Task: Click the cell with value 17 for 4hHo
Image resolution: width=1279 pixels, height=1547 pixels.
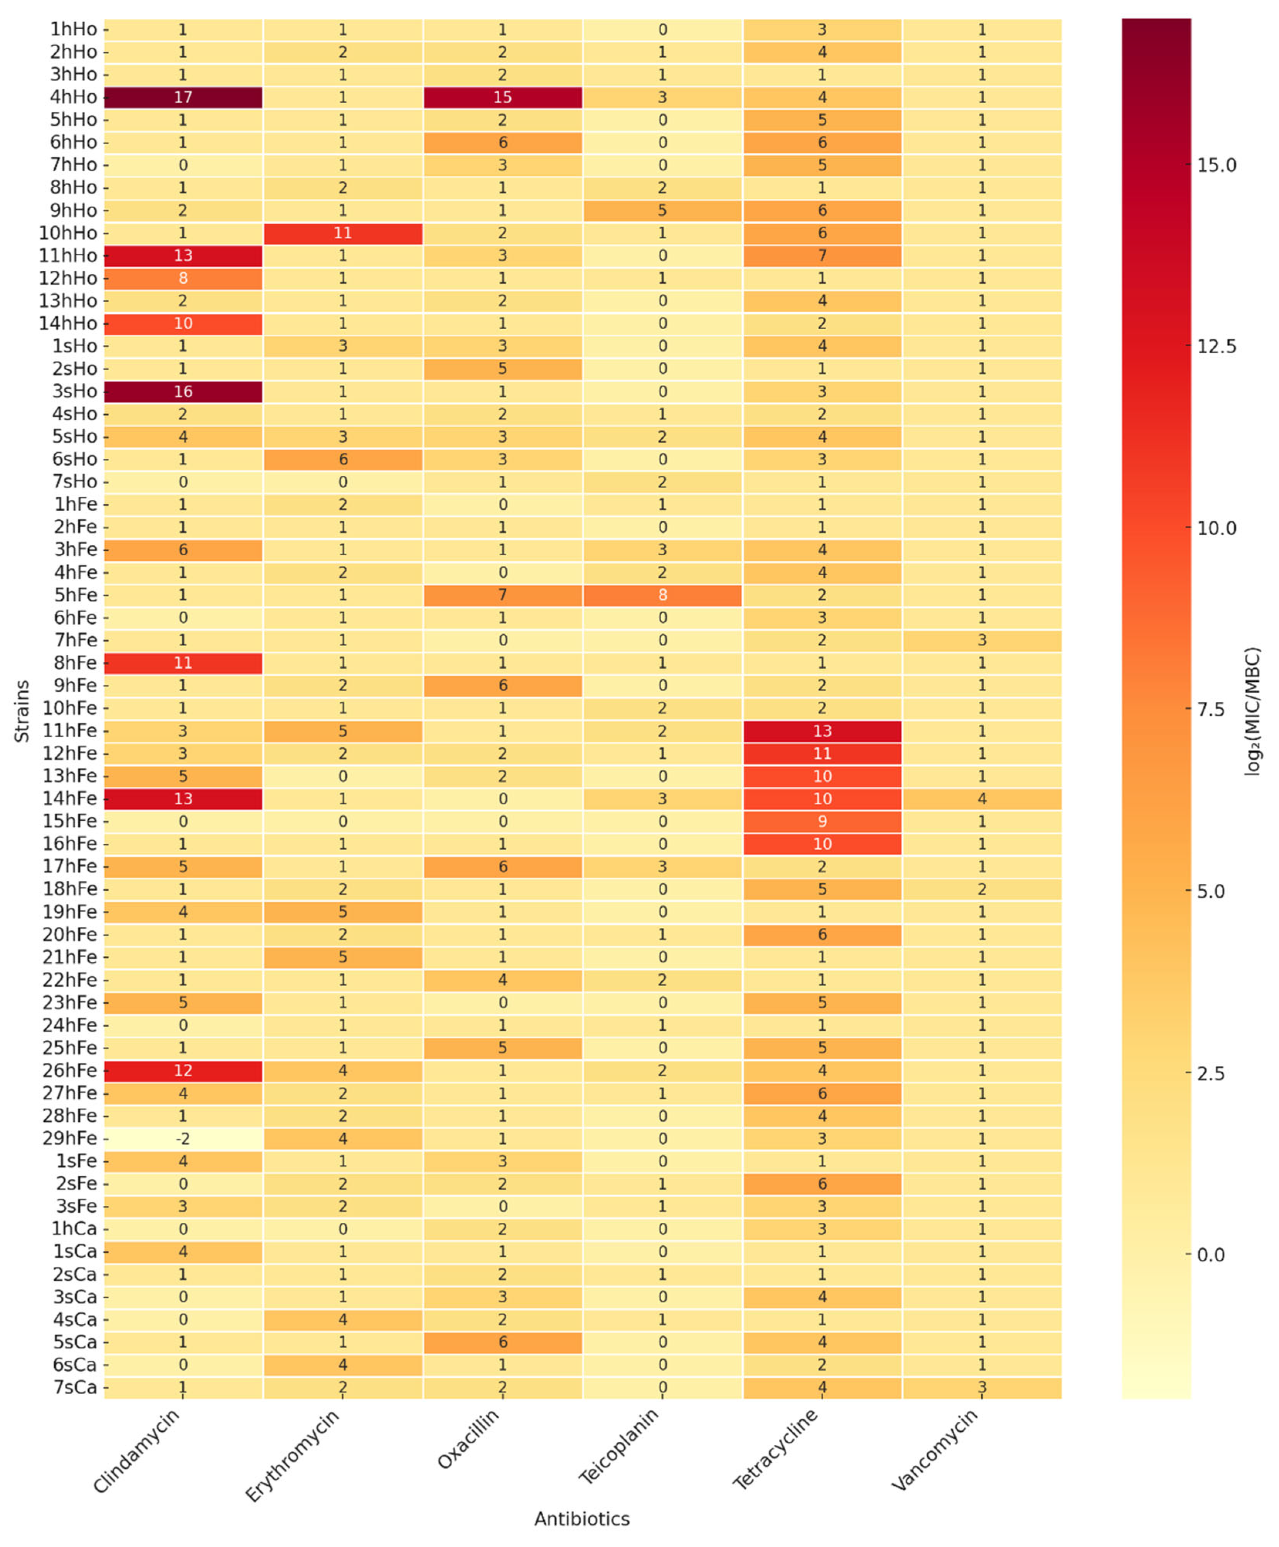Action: pos(183,97)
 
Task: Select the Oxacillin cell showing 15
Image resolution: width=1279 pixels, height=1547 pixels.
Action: pos(502,97)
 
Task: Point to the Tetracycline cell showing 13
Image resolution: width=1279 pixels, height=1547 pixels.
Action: pos(822,731)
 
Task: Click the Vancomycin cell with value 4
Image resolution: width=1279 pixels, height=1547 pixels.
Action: pos(982,799)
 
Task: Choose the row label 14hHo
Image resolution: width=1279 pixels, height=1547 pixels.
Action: pos(68,324)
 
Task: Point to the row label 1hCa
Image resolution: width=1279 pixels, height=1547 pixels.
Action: pos(74,1229)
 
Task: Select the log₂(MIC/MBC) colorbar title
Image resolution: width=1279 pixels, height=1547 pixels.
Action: pos(1252,711)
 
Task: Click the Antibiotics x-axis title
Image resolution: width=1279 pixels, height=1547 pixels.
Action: pos(581,1519)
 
